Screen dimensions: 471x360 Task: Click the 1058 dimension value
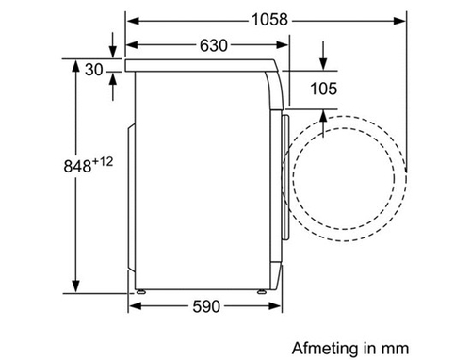(269, 20)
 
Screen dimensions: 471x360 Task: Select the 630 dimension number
(214, 45)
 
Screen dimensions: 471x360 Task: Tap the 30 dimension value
(93, 70)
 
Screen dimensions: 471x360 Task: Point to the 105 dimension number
(324, 89)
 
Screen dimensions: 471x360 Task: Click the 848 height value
(77, 166)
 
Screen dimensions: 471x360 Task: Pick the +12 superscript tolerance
(103, 162)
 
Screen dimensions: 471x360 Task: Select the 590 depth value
(206, 306)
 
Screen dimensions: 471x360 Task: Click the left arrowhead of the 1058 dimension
(133, 21)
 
